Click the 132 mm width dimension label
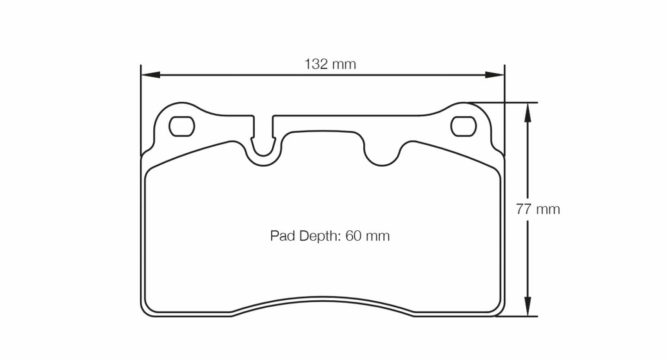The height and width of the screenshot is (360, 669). [x=330, y=64]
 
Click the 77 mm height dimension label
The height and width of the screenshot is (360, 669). [x=538, y=210]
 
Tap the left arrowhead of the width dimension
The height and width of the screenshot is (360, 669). [x=150, y=75]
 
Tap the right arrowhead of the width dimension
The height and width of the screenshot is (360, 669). [x=494, y=75]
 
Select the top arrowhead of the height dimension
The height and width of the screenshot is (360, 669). [x=527, y=112]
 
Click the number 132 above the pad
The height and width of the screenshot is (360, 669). [x=315, y=64]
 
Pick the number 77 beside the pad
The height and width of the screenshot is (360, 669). [x=523, y=210]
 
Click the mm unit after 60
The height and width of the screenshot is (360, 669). [x=377, y=236]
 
